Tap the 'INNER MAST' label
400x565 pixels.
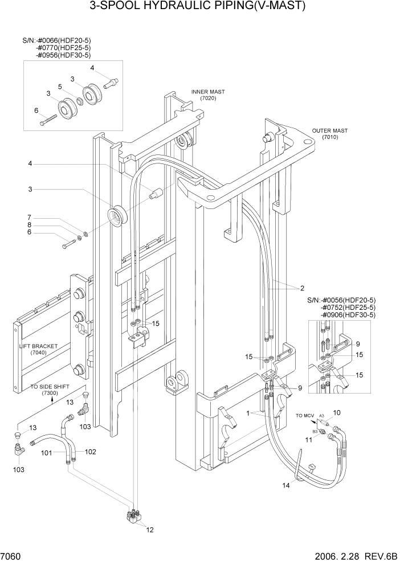coord(208,92)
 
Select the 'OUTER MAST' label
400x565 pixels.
coord(330,131)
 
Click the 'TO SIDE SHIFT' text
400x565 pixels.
coord(50,387)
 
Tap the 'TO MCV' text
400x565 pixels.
coord(305,416)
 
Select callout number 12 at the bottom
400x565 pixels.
coord(150,530)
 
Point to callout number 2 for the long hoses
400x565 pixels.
coord(303,288)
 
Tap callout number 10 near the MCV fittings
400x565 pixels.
coord(336,412)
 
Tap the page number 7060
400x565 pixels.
coord(11,555)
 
